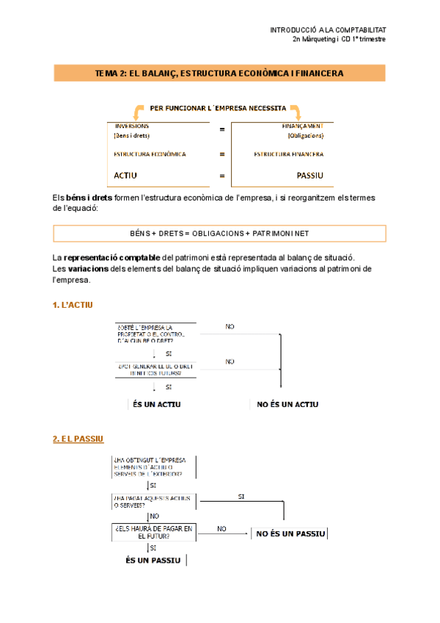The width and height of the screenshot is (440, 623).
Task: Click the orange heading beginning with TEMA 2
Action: [219, 73]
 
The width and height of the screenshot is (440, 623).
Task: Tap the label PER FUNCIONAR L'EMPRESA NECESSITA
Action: [218, 107]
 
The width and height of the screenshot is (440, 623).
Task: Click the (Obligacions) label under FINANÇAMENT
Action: [305, 136]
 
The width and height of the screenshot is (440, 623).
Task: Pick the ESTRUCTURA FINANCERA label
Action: [288, 154]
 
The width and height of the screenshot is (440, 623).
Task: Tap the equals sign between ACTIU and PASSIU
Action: [221, 176]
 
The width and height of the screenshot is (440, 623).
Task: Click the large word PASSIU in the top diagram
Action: [309, 176]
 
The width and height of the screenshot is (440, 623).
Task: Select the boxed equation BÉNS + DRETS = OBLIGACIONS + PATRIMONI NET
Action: [219, 233]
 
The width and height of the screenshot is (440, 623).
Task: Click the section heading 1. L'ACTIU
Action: [73, 305]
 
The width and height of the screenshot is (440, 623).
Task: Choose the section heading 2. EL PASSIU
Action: [78, 439]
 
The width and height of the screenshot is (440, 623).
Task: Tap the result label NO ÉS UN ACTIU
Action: [287, 404]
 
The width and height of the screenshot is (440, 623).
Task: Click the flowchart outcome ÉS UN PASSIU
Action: [153, 560]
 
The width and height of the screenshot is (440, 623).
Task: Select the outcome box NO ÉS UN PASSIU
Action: [290, 533]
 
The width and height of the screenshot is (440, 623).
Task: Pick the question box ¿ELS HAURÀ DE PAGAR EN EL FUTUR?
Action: [153, 532]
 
